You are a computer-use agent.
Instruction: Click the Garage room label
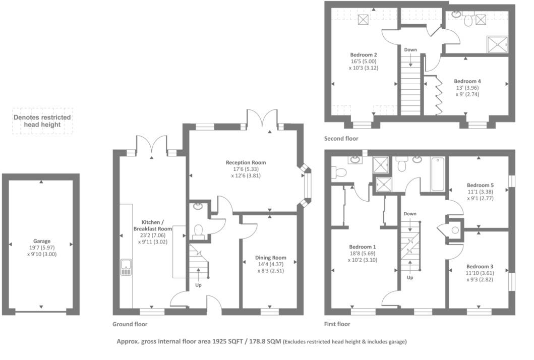click(42, 242)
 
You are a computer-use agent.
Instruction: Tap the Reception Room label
click(246, 163)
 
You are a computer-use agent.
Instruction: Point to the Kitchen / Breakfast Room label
click(153, 225)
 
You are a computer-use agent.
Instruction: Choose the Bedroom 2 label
click(364, 54)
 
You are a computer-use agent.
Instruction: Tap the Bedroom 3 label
click(480, 266)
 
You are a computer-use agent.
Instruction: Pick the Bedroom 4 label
click(467, 81)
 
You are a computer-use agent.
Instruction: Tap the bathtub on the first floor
click(438, 174)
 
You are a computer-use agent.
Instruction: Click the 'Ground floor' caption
click(130, 324)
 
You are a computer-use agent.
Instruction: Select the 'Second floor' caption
click(342, 138)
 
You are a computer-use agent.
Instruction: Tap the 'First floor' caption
click(337, 324)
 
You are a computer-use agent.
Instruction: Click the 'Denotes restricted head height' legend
click(42, 121)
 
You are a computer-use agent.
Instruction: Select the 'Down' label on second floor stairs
click(410, 50)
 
